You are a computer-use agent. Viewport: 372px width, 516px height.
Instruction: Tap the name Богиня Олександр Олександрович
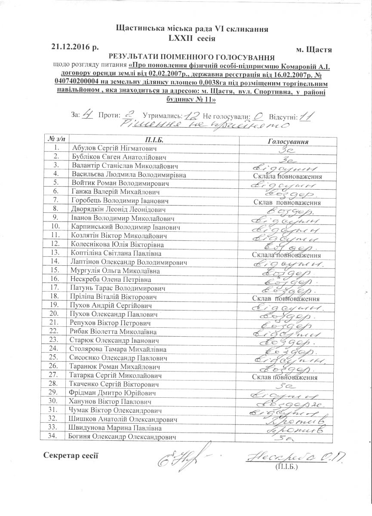[123, 437]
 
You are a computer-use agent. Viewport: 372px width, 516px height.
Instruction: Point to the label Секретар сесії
[71, 455]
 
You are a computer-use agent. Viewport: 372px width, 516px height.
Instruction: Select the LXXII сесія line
[192, 38]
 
